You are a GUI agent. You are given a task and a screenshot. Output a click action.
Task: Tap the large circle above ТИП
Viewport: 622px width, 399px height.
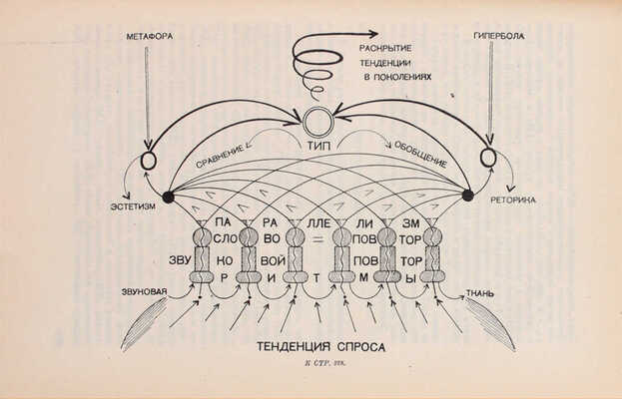(x=318, y=124)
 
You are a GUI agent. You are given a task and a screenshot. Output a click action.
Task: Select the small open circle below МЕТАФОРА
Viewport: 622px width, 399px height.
(x=150, y=159)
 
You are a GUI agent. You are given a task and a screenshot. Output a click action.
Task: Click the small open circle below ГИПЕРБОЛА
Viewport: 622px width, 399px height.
(x=487, y=158)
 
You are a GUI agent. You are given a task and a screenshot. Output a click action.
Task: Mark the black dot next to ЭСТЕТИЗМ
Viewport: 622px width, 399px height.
(x=168, y=197)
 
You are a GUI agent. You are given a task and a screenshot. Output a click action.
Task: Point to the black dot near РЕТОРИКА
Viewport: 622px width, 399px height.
(x=467, y=196)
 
